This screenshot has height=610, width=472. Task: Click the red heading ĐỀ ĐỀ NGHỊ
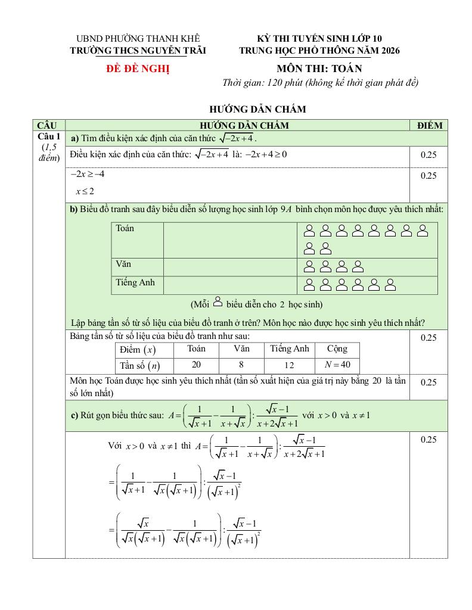(138, 69)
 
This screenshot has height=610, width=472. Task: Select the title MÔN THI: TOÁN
(319, 69)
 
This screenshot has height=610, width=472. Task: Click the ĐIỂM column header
(430, 125)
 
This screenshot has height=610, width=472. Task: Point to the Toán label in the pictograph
(125, 228)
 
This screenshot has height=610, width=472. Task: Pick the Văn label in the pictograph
(123, 263)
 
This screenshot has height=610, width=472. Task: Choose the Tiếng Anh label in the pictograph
(135, 282)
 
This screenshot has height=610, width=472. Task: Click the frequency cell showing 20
(196, 365)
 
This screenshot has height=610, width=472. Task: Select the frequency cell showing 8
(241, 365)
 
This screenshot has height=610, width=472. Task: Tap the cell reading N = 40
(337, 365)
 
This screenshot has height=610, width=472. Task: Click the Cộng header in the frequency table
(337, 348)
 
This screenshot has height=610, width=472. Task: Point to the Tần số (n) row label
(139, 365)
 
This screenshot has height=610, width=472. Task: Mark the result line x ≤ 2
(85, 191)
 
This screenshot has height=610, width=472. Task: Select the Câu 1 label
(49, 137)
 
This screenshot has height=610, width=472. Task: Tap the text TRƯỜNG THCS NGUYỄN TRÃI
(138, 51)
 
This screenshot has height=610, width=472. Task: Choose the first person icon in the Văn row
(310, 266)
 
